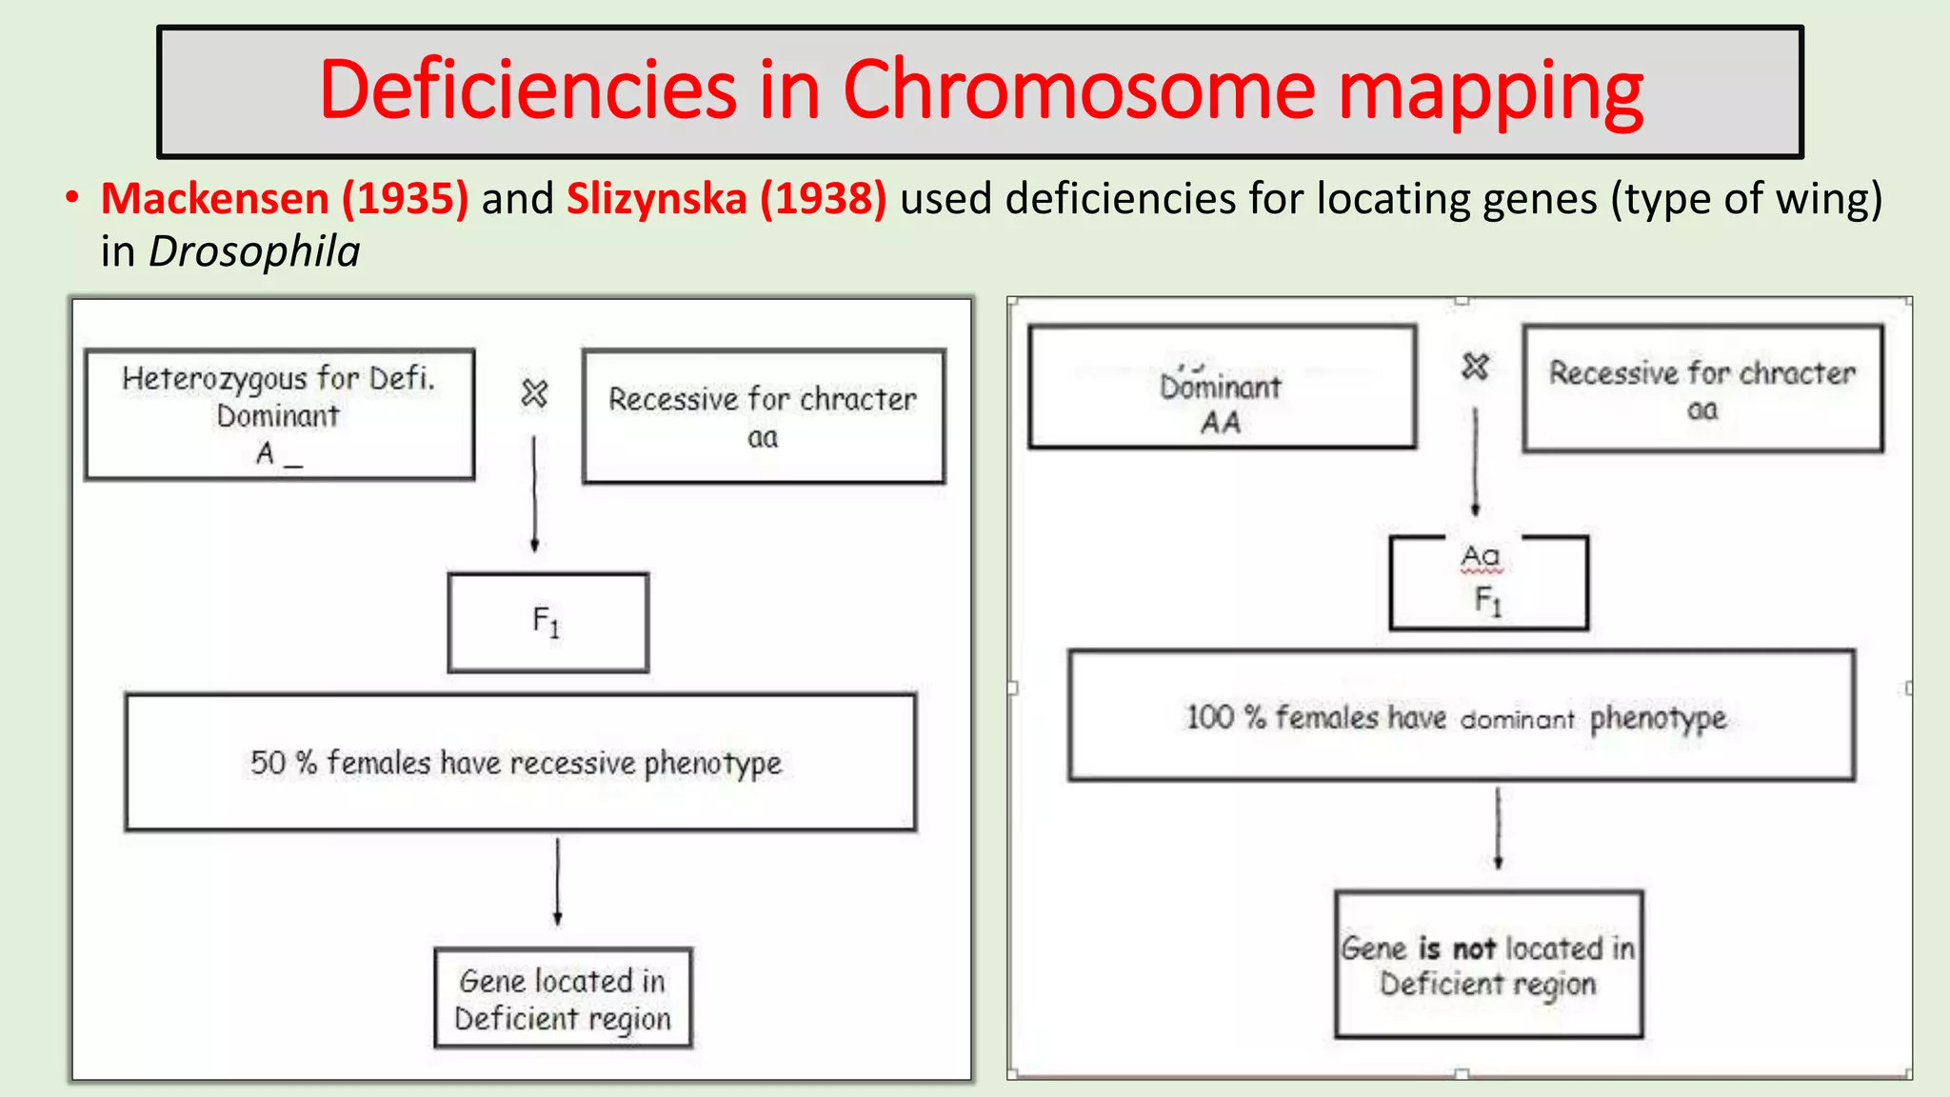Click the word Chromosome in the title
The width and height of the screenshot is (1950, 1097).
point(1078,90)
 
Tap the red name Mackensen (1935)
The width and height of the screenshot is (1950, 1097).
point(285,199)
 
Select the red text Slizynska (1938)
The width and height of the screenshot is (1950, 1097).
point(726,199)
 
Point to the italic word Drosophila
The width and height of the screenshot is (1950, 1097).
point(254,252)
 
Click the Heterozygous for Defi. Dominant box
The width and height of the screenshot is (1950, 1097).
point(279,414)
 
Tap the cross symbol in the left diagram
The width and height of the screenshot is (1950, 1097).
point(534,392)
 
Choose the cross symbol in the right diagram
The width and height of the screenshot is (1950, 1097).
point(1475,366)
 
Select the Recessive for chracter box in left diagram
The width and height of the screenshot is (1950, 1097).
point(763,417)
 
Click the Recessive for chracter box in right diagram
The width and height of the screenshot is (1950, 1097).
point(1702,389)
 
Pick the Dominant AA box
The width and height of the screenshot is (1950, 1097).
point(1222,388)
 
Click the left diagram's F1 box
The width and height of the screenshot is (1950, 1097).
point(547,623)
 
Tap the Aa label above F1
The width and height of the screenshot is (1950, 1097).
point(1481,555)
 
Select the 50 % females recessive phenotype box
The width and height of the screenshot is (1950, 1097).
point(520,763)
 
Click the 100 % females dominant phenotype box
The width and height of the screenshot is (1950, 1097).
point(1461,716)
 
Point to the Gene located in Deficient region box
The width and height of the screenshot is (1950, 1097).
point(563,999)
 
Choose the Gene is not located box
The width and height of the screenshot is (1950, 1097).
point(1488,965)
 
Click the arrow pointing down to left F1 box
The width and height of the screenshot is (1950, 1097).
point(534,495)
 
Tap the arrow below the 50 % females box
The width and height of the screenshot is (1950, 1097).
point(558,882)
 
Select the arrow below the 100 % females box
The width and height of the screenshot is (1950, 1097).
point(1498,828)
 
